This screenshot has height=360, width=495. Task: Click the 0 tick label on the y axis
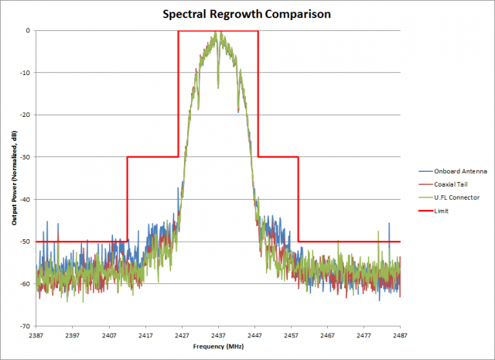click(28, 31)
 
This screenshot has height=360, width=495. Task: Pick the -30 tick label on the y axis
click(24, 157)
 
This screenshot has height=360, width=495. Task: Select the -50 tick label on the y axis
click(24, 242)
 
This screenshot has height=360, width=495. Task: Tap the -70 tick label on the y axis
click(24, 326)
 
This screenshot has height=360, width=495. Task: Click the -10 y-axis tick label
click(24, 73)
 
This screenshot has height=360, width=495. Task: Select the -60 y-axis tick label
click(24, 284)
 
